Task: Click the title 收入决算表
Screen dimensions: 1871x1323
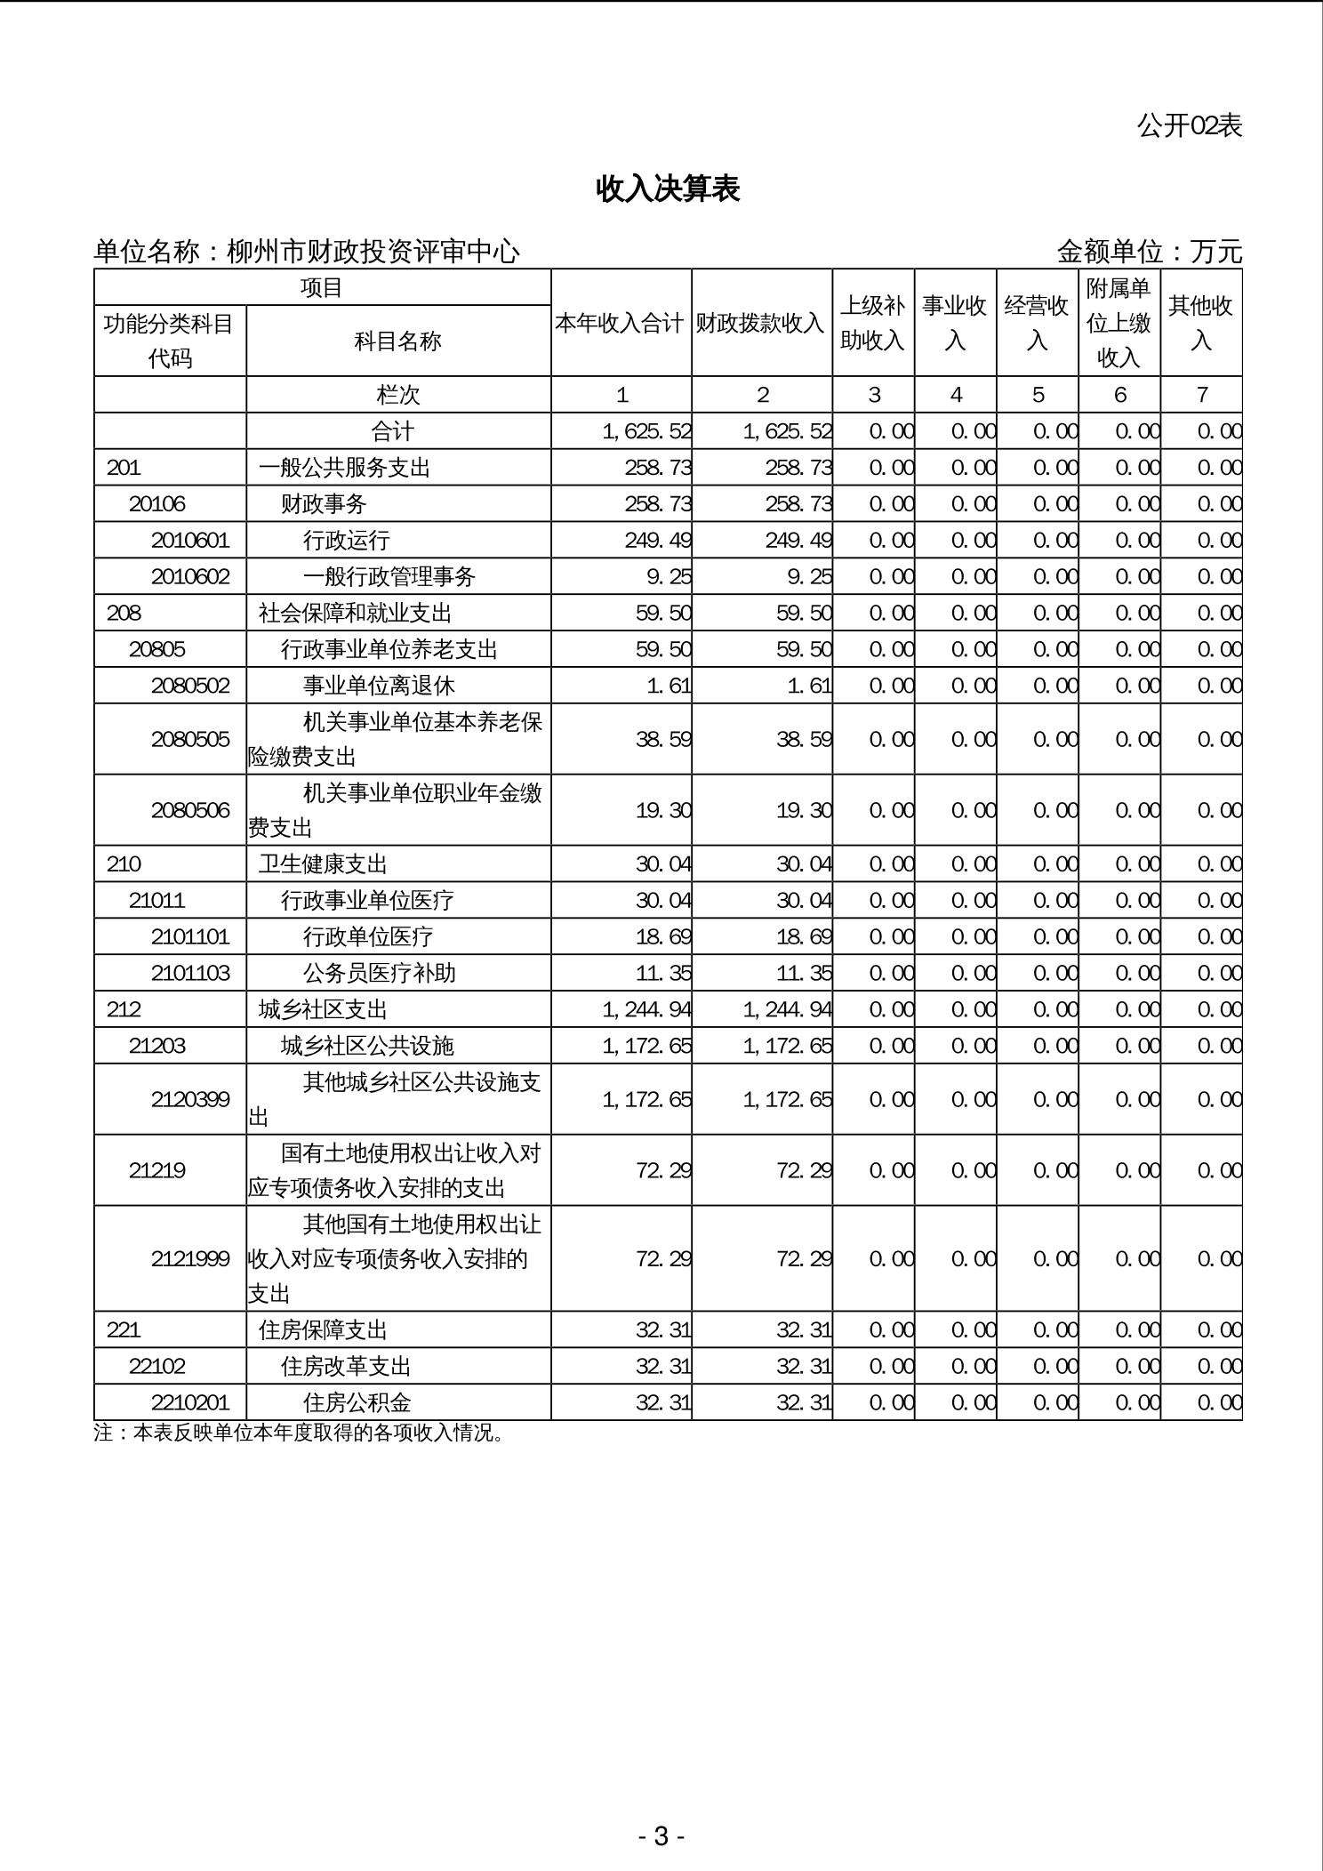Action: click(668, 189)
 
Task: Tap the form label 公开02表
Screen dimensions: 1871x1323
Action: click(1189, 125)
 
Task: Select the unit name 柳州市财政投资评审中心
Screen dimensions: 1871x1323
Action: click(373, 253)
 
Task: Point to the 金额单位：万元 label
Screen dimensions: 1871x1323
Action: click(1149, 253)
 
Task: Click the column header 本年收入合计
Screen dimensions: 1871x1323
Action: click(620, 324)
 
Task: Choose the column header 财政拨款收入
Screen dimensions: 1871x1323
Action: click(760, 324)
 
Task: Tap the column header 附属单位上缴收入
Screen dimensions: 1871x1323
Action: click(1119, 323)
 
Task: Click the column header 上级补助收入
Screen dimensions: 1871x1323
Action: click(872, 323)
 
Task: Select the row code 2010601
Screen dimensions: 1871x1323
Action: click(190, 541)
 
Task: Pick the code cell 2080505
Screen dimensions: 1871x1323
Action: click(190, 739)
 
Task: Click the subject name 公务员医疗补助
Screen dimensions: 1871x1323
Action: click(380, 973)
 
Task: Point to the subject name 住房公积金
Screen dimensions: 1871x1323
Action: click(357, 1402)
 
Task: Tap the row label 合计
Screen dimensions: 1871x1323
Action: click(392, 431)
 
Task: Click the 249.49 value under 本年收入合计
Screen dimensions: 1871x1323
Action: click(658, 541)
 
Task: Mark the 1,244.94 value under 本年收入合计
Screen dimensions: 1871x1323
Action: click(647, 1009)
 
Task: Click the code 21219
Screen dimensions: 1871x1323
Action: click(157, 1170)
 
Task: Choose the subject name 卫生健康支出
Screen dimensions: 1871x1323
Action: click(324, 864)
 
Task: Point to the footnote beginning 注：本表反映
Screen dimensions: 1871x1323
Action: click(300, 1433)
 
